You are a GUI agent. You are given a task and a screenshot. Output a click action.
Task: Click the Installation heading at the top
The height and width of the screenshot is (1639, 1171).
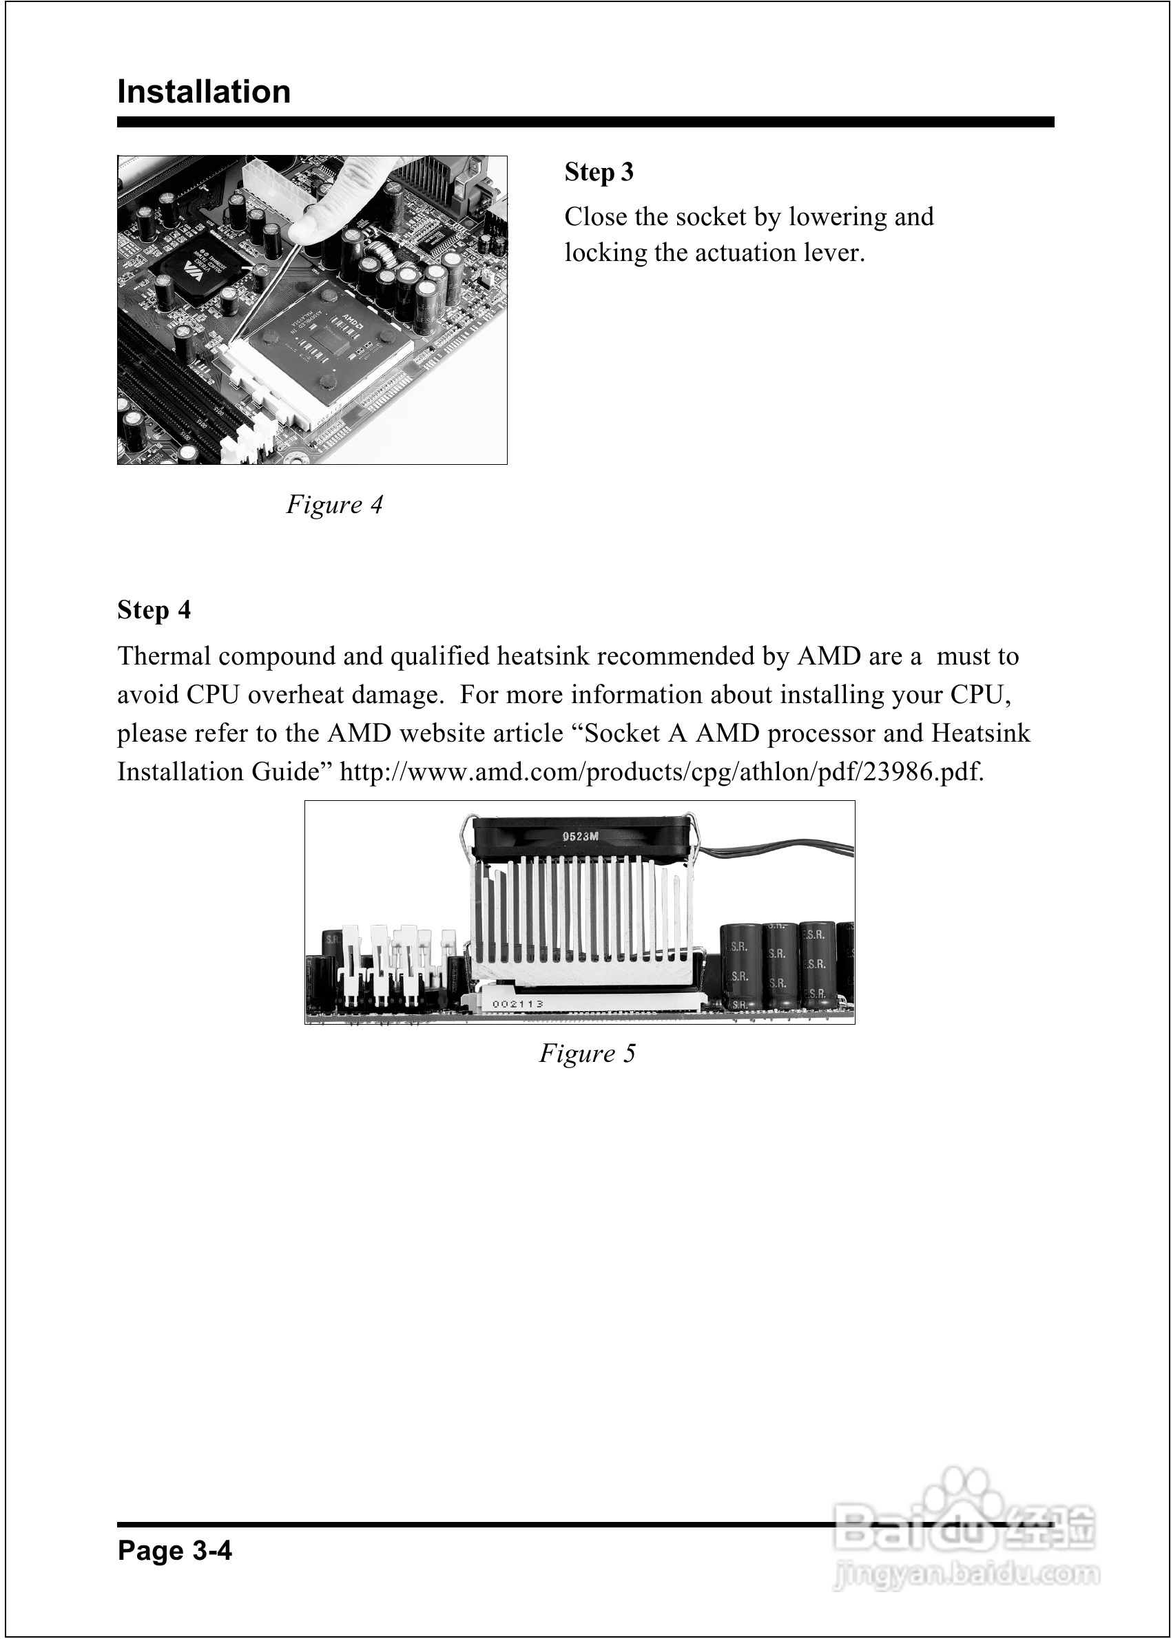204,92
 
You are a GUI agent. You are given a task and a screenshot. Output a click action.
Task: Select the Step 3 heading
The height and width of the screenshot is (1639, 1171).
599,172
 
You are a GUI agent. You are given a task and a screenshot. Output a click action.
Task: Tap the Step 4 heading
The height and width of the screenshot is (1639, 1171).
154,609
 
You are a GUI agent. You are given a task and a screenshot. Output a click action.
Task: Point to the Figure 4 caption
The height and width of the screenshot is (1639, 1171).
334,505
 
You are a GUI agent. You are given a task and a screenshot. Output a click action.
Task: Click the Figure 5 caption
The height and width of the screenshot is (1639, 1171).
587,1054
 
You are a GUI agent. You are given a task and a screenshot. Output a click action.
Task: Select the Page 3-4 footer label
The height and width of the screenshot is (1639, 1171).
175,1549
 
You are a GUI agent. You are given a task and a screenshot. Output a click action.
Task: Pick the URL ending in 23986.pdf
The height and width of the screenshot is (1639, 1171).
661,772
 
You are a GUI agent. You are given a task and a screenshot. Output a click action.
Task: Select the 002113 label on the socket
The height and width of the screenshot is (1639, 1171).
517,1004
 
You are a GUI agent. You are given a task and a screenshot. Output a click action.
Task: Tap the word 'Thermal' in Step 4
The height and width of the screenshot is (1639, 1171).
164,656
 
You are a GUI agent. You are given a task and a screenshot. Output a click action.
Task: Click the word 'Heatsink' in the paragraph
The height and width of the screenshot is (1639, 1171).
981,733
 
